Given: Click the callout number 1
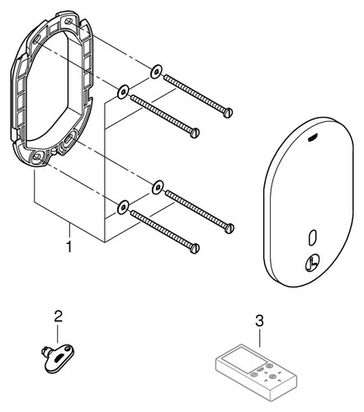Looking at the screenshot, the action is (69, 246).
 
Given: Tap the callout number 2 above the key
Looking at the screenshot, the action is (58, 316).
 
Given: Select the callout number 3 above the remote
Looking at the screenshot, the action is (259, 321).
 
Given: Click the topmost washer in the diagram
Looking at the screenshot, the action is (156, 72).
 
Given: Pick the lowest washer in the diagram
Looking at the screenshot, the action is (123, 208).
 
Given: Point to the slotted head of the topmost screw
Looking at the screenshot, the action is (228, 113).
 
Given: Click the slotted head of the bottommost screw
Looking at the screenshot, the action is (195, 248).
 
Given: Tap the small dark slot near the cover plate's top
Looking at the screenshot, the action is (312, 137).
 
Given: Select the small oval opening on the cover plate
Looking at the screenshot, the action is (313, 237).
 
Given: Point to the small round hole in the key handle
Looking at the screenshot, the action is (68, 348).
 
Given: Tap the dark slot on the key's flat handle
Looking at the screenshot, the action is (59, 358).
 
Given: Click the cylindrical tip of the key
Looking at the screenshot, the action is (44, 351).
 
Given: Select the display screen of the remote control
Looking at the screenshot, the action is (240, 360).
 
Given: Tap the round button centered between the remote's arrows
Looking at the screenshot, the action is (273, 377).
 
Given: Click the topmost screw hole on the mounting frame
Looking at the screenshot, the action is (69, 21).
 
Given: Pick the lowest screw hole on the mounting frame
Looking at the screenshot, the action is (36, 157).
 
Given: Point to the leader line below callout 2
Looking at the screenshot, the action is (58, 333).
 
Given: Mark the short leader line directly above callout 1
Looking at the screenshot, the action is (69, 232).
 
